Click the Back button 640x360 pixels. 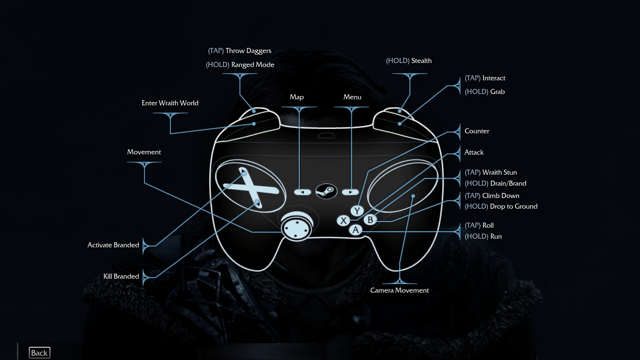[39, 353]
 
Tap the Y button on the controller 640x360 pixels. [357, 211]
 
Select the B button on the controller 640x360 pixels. [370, 220]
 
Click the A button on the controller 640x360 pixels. [356, 230]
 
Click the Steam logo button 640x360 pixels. [326, 191]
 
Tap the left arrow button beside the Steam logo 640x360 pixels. [302, 192]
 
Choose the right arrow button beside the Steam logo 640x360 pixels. [350, 192]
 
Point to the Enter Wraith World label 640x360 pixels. [170, 103]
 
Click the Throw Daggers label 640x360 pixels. [248, 51]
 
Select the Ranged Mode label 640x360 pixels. [253, 65]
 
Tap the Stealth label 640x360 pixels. [421, 61]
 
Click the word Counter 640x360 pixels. [477, 131]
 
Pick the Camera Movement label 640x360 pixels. [399, 290]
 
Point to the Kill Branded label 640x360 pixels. [121, 276]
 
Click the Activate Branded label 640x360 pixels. [113, 245]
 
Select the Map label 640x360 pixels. [297, 97]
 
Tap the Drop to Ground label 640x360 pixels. [514, 206]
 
